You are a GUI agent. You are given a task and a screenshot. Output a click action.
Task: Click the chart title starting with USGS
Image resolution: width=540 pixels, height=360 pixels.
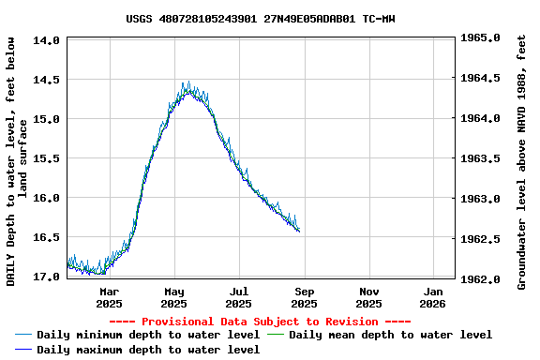(x=260, y=18)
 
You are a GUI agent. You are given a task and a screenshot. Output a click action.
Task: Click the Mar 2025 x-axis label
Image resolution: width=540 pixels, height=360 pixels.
(x=109, y=297)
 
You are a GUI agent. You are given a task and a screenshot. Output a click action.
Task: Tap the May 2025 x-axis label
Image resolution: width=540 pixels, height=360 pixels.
(x=174, y=297)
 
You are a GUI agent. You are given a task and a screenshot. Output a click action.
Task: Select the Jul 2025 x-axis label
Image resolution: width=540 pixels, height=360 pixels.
(x=239, y=297)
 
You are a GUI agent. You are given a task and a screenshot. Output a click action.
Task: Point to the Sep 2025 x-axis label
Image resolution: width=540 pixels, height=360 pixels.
(x=304, y=297)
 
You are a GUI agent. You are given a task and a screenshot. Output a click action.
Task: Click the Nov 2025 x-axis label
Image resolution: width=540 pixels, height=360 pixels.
(x=368, y=297)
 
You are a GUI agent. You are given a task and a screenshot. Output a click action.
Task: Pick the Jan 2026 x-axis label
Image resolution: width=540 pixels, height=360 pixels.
(x=432, y=297)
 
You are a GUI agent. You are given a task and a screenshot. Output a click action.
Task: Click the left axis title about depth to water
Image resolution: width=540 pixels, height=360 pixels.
(x=17, y=159)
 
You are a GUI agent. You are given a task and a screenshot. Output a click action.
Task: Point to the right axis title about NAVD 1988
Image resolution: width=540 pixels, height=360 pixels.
(x=522, y=159)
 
